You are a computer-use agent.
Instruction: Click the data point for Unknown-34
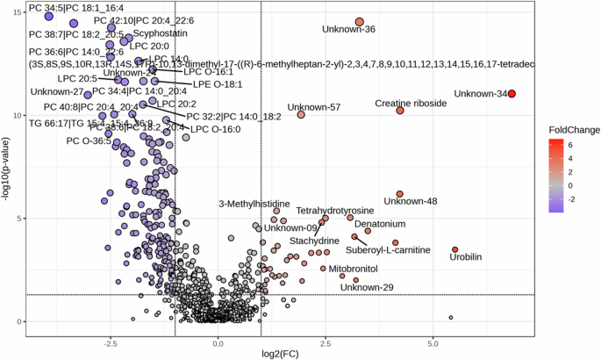[x=512, y=94]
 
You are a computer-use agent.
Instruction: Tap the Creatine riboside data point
[x=400, y=111]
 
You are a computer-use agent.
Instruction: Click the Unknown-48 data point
[x=400, y=194]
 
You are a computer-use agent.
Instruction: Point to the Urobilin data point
[x=455, y=250]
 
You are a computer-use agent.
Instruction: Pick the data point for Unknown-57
[x=301, y=115]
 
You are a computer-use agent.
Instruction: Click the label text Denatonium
[x=380, y=225]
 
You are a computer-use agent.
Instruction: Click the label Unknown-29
[x=367, y=287]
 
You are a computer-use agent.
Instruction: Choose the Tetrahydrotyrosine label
[x=335, y=211]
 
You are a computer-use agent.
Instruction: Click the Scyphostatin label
[x=161, y=33]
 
